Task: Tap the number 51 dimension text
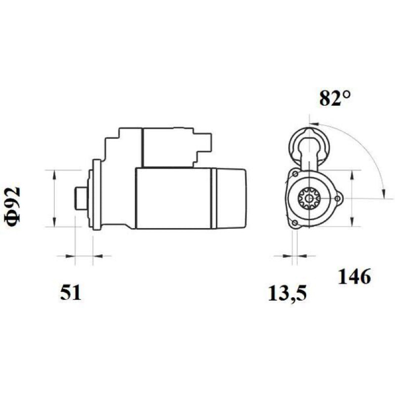71,292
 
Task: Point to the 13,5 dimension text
287,293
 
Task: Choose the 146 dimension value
354,276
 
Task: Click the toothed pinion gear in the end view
309,198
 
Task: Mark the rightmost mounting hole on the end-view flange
338,198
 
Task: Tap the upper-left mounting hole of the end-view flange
295,174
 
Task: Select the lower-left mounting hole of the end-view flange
295,223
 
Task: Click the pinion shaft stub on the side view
81,198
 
